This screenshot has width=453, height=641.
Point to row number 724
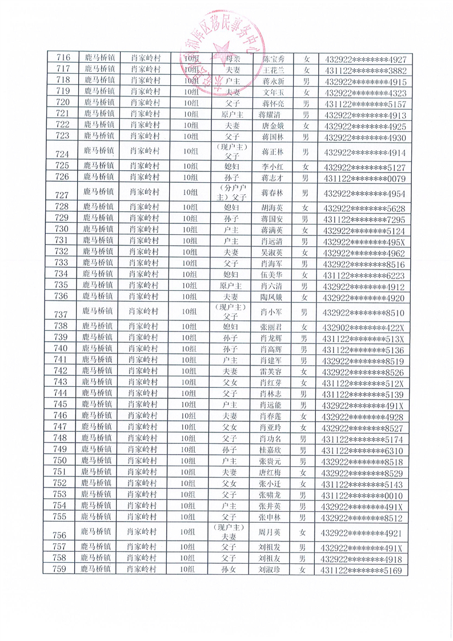(x=61, y=154)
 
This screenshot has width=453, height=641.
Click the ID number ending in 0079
(x=364, y=178)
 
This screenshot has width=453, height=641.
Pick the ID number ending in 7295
(x=364, y=219)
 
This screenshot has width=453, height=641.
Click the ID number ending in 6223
(x=364, y=275)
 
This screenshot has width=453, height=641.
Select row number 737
(x=61, y=314)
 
